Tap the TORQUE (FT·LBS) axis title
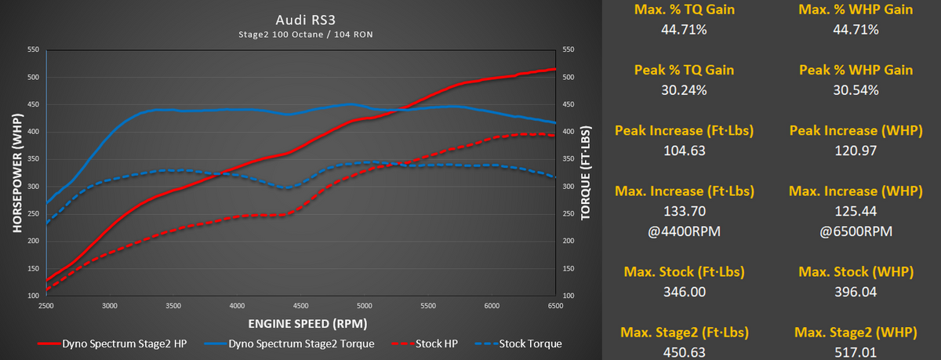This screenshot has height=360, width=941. pyautogui.click(x=585, y=173)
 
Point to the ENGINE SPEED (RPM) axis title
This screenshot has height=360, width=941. pyautogui.click(x=300, y=323)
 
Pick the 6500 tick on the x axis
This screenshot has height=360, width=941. pyautogui.click(x=555, y=305)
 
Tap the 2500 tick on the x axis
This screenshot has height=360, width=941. pyautogui.click(x=46, y=305)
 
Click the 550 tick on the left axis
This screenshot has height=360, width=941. pyautogui.click(x=33, y=50)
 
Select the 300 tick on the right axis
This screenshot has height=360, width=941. pyautogui.click(x=568, y=187)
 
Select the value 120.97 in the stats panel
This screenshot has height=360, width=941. pyautogui.click(x=856, y=151)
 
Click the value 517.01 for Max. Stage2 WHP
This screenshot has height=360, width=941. pyautogui.click(x=856, y=353)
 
